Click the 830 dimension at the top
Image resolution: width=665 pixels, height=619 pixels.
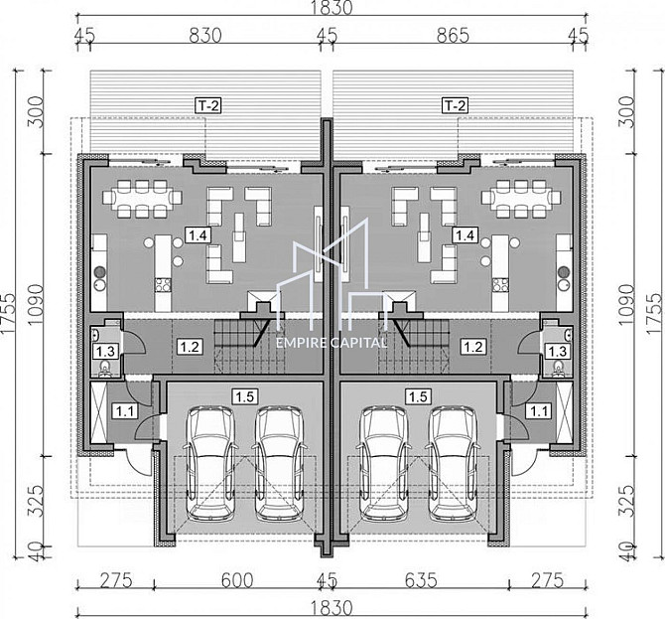click(205, 36)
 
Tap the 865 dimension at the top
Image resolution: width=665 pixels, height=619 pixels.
click(453, 36)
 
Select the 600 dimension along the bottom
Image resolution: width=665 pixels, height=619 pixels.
click(237, 580)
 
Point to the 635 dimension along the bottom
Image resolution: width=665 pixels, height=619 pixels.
click(420, 580)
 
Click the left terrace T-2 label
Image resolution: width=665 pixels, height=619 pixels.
click(208, 105)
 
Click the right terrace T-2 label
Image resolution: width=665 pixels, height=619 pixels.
click(455, 105)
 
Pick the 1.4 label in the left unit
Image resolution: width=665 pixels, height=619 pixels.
click(199, 234)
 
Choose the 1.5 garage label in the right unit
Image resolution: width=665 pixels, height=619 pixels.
click(418, 396)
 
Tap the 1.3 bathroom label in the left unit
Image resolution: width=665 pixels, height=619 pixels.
click(105, 351)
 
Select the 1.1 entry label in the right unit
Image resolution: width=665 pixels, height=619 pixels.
click(539, 411)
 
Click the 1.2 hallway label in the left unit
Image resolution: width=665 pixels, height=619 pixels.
click(190, 347)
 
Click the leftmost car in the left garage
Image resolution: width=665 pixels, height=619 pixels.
click(210, 463)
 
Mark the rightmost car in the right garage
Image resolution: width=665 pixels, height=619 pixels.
click(454, 463)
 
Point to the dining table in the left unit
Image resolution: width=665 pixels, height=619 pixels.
click(142, 198)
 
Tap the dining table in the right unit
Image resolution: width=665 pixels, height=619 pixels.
click(521, 198)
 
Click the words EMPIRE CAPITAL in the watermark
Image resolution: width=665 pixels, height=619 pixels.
click(332, 342)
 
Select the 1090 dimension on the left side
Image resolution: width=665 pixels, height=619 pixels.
click(37, 305)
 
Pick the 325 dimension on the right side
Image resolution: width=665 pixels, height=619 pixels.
click(627, 501)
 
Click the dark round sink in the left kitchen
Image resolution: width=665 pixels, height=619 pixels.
click(100, 271)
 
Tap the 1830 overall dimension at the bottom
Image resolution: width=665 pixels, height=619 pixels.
click(332, 608)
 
